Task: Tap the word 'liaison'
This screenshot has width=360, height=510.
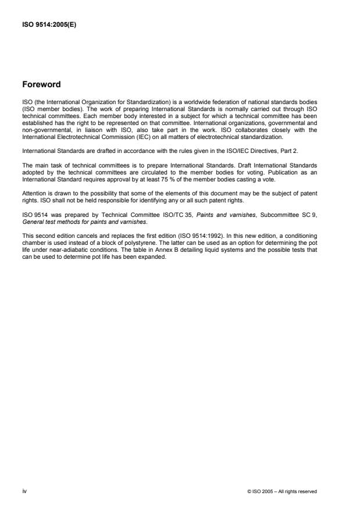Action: click(x=110, y=129)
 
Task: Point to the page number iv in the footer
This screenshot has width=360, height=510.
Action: click(x=24, y=491)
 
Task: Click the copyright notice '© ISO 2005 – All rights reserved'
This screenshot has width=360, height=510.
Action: click(x=282, y=492)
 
